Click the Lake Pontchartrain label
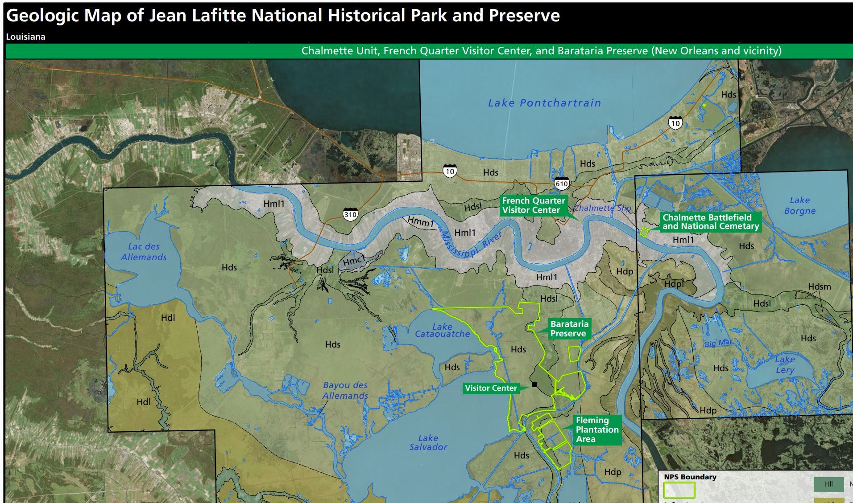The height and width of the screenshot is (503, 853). pyautogui.click(x=544, y=103)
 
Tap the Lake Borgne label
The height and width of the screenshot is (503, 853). pyautogui.click(x=799, y=205)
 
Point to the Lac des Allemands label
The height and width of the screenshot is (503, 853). pyautogui.click(x=143, y=252)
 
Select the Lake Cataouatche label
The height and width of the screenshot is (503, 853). pyautogui.click(x=442, y=330)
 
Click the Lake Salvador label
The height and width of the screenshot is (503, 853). pyautogui.click(x=428, y=442)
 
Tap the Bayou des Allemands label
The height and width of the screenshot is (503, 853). pyautogui.click(x=345, y=390)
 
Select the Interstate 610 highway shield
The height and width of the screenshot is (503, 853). pyautogui.click(x=561, y=184)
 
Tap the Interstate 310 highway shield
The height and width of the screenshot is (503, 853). pyautogui.click(x=350, y=215)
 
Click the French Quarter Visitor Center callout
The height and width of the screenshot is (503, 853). pyautogui.click(x=533, y=205)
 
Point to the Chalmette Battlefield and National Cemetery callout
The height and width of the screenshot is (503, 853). pyautogui.click(x=710, y=222)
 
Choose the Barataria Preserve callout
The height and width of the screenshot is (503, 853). pyautogui.click(x=569, y=329)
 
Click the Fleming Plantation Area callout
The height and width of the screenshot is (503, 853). pyautogui.click(x=597, y=429)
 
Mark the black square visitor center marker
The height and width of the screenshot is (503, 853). pyautogui.click(x=534, y=384)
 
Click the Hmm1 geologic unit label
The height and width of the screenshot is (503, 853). pyautogui.click(x=420, y=221)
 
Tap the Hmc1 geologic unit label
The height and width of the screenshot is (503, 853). pyautogui.click(x=354, y=261)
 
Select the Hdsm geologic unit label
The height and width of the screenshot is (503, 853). pyautogui.click(x=819, y=286)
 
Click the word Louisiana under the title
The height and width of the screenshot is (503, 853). pyautogui.click(x=25, y=37)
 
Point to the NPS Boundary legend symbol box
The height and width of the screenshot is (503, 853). pyautogui.click(x=679, y=490)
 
